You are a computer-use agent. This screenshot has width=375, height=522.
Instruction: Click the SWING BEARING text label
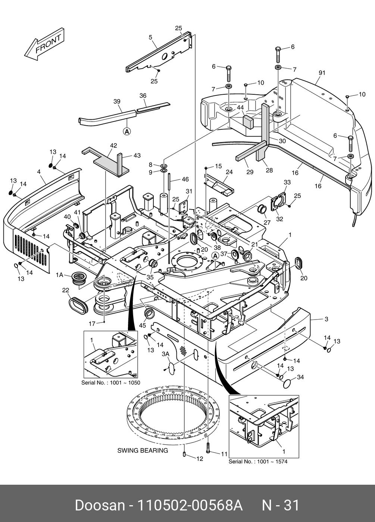point(143,450)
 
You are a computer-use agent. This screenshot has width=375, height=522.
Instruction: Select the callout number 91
point(322,73)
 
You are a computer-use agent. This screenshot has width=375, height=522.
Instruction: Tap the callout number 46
point(185,180)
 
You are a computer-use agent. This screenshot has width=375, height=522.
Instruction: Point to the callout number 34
point(300,377)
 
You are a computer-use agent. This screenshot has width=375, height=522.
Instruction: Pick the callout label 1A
point(59,275)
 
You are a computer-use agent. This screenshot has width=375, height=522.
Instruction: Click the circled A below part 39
point(127,131)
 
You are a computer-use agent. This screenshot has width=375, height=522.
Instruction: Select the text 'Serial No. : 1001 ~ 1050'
point(110,383)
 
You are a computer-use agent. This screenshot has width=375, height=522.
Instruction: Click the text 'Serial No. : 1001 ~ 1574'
point(258,462)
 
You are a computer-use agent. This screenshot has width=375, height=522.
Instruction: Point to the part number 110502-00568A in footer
point(190,506)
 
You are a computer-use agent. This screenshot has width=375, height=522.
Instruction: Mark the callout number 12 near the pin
point(200,459)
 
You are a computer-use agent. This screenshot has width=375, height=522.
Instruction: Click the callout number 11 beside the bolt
point(224,454)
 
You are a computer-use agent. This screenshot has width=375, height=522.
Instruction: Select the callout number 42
point(113,145)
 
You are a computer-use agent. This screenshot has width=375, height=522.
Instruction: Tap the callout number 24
point(229,172)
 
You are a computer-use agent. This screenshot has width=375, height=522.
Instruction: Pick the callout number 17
point(92,324)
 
